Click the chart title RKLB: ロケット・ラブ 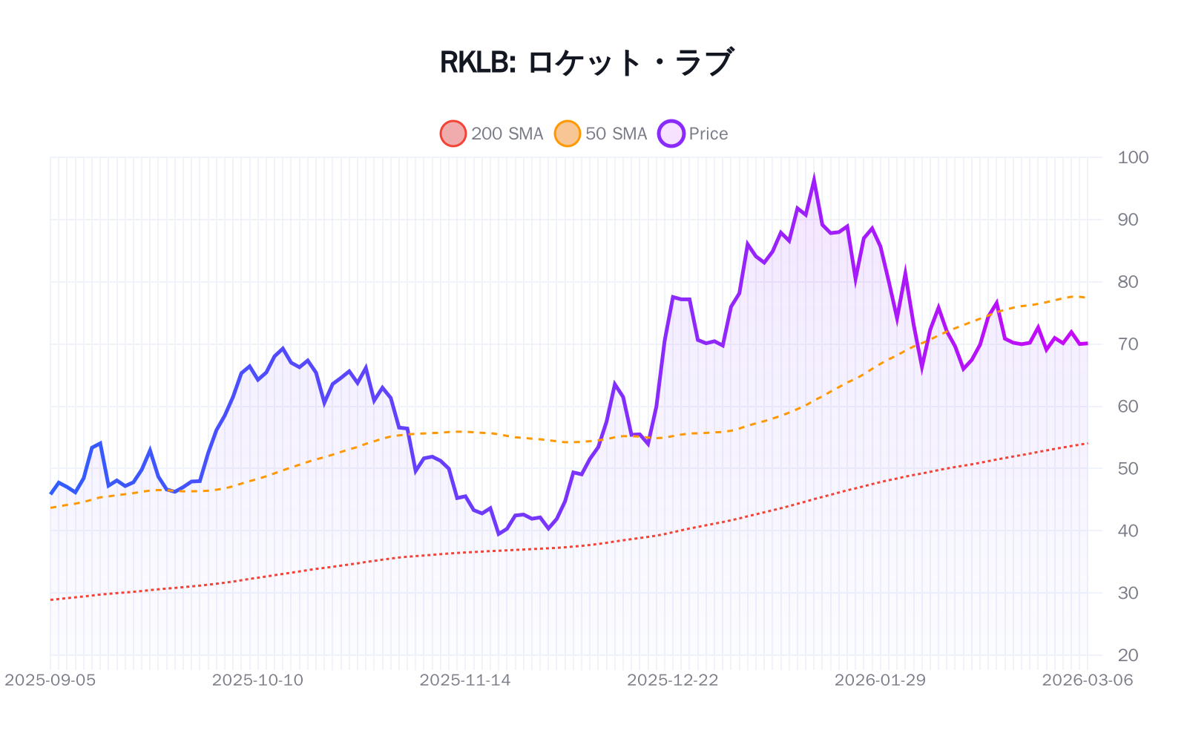[587, 62]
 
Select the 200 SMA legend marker [453, 134]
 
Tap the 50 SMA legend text [616, 134]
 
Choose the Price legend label [708, 134]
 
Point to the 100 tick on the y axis [1132, 157]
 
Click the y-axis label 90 [1128, 220]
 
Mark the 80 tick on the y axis [1128, 282]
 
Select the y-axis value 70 [1128, 344]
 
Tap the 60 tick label [1128, 407]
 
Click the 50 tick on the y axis [1128, 468]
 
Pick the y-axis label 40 [1128, 531]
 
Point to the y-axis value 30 [1128, 593]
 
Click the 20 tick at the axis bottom [1128, 655]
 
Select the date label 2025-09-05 [50, 680]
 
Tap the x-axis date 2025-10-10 [257, 680]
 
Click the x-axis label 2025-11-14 [465, 680]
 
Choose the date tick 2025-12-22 [673, 680]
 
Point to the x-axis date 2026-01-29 [880, 680]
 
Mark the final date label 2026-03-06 [1087, 680]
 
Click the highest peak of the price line [814, 180]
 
